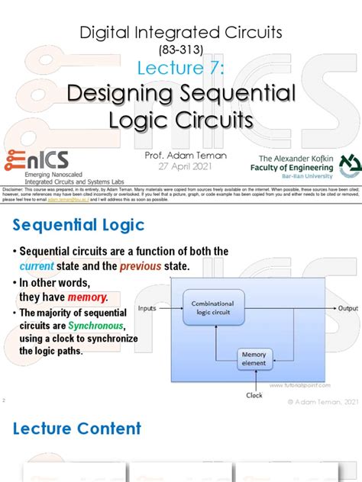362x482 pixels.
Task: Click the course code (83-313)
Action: pyautogui.click(x=180, y=51)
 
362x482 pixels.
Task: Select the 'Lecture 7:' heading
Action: pyautogui.click(x=180, y=69)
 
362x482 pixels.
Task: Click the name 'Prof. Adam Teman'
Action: pyautogui.click(x=180, y=154)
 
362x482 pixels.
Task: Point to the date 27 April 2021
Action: pyautogui.click(x=180, y=165)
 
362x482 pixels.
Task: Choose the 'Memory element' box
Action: pyautogui.click(x=254, y=358)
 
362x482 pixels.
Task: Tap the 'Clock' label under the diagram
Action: pyautogui.click(x=254, y=396)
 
